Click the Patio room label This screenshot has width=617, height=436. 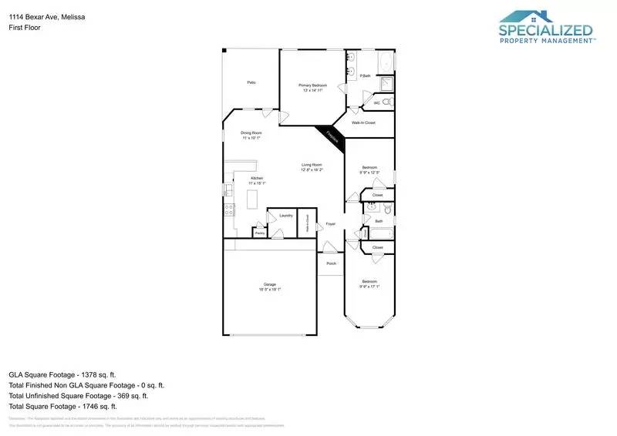coord(251,82)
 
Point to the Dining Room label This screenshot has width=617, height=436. coord(251,133)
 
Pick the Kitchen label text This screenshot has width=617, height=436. coord(257,179)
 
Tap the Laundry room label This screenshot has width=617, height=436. coord(286,216)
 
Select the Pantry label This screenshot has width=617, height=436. coord(260,232)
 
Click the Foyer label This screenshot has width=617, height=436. coord(330,224)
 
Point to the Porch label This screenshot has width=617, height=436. coord(331,263)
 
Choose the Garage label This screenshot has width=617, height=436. coord(268,285)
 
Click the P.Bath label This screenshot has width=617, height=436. coord(366,75)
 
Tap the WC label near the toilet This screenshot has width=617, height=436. coord(377,102)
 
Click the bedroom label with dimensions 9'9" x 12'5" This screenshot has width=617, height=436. coord(370,168)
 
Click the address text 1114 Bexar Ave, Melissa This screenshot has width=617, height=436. coord(42,15)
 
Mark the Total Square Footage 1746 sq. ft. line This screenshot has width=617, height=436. coord(62,406)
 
